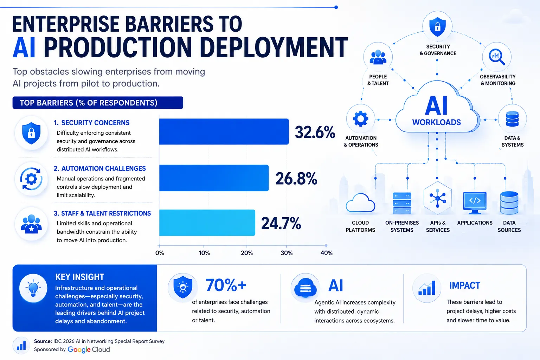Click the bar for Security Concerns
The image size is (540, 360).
tap(224, 131)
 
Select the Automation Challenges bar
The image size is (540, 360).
tap(214, 178)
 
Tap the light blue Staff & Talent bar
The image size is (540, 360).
tap(207, 223)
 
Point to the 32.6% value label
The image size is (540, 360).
tap(315, 132)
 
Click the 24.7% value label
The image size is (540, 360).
tap(281, 223)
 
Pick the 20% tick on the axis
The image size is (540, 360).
tap(246, 253)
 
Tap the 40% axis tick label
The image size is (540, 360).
tap(326, 253)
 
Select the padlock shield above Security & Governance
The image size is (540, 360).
tap(437, 26)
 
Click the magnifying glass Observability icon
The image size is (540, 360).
tap(497, 57)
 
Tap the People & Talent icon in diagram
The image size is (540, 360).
tap(378, 57)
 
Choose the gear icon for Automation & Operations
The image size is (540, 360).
tap(361, 118)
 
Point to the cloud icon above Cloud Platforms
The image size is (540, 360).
tap(360, 203)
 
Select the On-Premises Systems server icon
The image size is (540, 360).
tap(402, 203)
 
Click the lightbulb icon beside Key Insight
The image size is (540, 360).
tap(33, 288)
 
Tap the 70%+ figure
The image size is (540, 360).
tap(226, 285)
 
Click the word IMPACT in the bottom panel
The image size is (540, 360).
tap(464, 285)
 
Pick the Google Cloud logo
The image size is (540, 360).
tap(89, 349)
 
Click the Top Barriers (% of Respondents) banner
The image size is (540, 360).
tap(98, 103)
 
